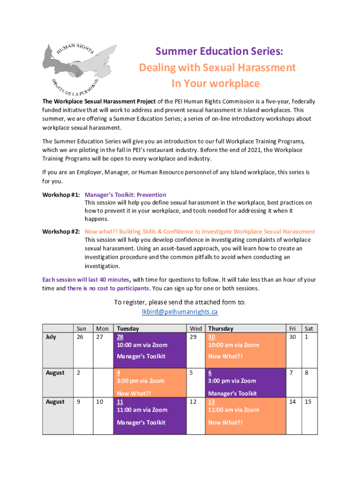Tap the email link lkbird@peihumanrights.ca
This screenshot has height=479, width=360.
tap(180, 312)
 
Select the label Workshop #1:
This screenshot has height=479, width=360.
tap(61, 195)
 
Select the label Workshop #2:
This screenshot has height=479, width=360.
tap(61, 232)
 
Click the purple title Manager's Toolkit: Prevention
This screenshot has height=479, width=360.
tap(125, 195)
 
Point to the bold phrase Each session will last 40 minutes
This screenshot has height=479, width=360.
tap(86, 280)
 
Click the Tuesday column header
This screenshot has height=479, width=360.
tap(128, 329)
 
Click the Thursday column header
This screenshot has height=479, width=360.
tap(221, 329)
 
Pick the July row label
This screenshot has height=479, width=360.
tap(50, 337)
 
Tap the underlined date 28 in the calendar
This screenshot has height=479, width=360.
tap(120, 337)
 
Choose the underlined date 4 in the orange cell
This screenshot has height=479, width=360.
tap(119, 373)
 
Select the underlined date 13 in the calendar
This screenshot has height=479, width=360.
tap(211, 401)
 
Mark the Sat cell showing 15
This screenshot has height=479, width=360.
tap(309, 401)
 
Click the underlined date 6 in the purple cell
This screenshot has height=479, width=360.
tap(210, 373)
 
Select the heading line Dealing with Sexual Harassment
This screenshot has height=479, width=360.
tap(217, 67)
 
